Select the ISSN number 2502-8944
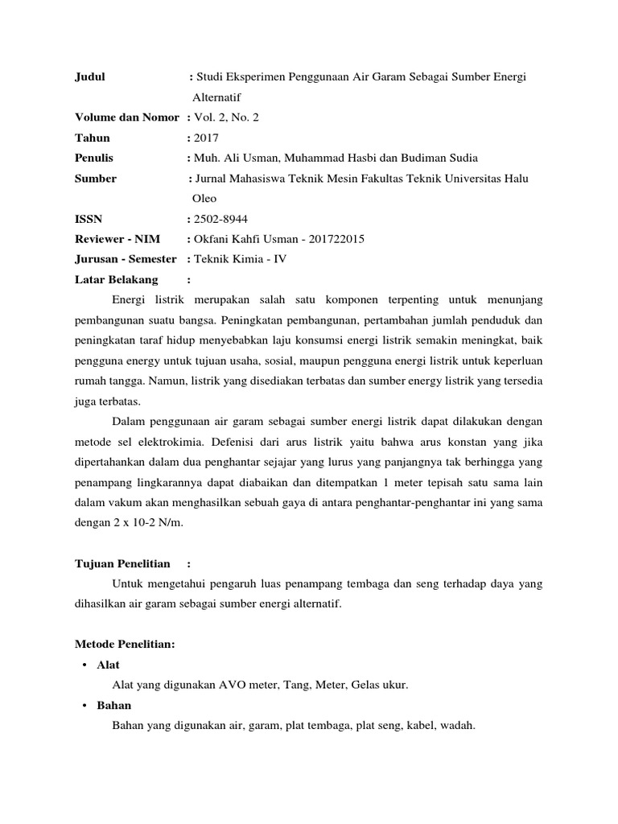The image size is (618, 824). (x=218, y=218)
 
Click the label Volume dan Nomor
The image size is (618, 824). (x=126, y=117)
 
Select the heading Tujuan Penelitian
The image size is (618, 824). (x=122, y=564)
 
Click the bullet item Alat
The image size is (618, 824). (x=107, y=665)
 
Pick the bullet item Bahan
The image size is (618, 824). (x=113, y=706)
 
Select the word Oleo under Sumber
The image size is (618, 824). (x=204, y=198)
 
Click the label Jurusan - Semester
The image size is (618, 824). (x=126, y=259)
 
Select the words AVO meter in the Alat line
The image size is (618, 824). (x=244, y=686)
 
